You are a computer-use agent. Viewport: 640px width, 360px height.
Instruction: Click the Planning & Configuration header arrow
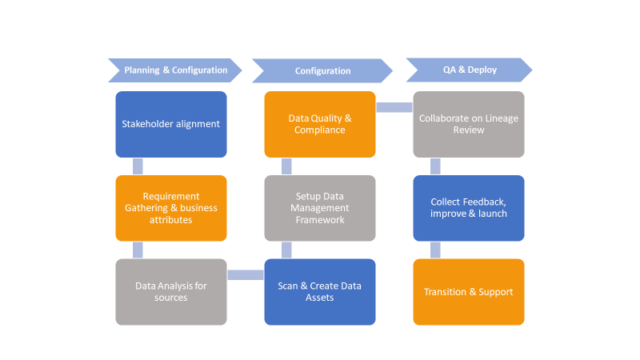(x=175, y=70)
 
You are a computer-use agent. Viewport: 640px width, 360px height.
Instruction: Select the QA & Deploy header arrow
(x=470, y=70)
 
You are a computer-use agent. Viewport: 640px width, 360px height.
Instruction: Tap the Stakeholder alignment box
(x=171, y=124)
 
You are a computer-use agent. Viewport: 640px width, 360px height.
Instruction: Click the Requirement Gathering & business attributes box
(x=171, y=208)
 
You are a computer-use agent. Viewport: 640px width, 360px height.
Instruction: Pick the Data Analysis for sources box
(x=171, y=292)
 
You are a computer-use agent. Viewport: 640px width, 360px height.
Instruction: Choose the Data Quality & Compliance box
(x=320, y=124)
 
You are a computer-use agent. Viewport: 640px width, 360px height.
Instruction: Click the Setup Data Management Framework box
(x=320, y=208)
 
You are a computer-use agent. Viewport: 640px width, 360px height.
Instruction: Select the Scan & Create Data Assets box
(x=320, y=292)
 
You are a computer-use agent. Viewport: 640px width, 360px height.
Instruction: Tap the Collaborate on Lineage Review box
(x=469, y=124)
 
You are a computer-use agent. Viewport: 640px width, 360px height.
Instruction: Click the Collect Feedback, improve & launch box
(x=469, y=208)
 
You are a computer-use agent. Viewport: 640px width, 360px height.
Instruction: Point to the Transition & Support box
(x=469, y=292)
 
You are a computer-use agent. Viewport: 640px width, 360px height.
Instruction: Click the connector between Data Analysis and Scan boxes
(x=246, y=275)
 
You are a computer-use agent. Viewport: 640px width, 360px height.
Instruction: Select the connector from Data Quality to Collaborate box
(x=394, y=107)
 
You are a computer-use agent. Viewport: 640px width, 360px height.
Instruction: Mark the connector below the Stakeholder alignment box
(x=138, y=166)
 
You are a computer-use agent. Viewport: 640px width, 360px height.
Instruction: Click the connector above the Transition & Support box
(x=435, y=250)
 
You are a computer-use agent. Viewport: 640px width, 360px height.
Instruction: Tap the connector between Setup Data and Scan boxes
(x=286, y=250)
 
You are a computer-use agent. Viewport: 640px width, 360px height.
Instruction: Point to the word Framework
(x=320, y=220)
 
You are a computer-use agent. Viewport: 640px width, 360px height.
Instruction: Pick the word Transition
(x=445, y=292)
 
